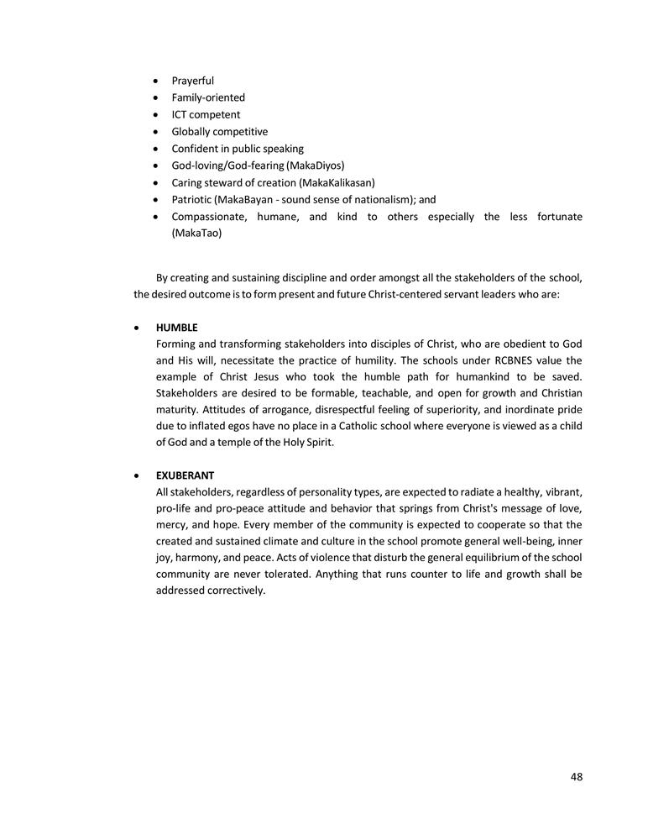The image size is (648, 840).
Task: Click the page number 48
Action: [x=576, y=777]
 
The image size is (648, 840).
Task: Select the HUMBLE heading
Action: [x=176, y=327]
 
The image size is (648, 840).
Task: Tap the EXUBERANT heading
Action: [x=185, y=475]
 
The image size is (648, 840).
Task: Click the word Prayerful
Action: [x=193, y=81]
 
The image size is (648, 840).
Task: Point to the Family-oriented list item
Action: [x=208, y=97]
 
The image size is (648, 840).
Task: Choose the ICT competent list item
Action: [x=206, y=114]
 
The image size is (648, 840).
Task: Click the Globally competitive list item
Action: [x=220, y=132]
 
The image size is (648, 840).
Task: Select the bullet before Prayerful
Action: [x=157, y=81]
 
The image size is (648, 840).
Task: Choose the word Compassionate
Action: [x=212, y=217]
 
